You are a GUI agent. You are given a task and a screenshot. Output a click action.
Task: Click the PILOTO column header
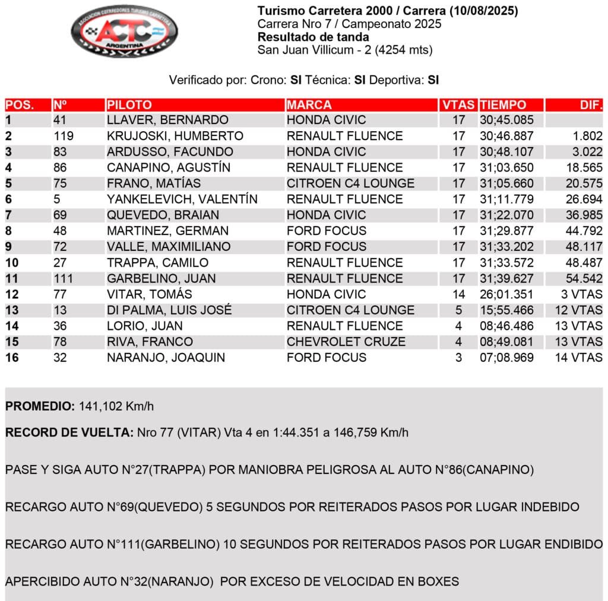pyautogui.click(x=129, y=105)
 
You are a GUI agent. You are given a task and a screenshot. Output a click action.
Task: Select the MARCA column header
pyautogui.click(x=309, y=105)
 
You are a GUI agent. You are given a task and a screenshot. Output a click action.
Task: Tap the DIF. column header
pyautogui.click(x=591, y=105)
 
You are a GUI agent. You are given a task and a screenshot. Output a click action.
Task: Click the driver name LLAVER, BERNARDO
pyautogui.click(x=167, y=120)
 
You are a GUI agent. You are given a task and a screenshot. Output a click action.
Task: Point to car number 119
pyautogui.click(x=64, y=136)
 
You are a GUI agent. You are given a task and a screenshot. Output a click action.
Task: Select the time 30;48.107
pyautogui.click(x=506, y=152)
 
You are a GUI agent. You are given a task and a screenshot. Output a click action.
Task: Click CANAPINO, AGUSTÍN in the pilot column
pyautogui.click(x=169, y=167)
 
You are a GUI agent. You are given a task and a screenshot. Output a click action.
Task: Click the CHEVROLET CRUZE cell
pyautogui.click(x=346, y=342)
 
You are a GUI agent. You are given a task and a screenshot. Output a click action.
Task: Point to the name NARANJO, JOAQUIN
pyautogui.click(x=166, y=358)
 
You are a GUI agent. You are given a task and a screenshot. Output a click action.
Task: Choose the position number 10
pyautogui.click(x=12, y=263)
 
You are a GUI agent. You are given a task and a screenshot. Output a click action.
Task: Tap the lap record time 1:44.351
pyautogui.click(x=278, y=433)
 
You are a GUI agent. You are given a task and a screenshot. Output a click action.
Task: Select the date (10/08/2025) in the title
pyautogui.click(x=484, y=11)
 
